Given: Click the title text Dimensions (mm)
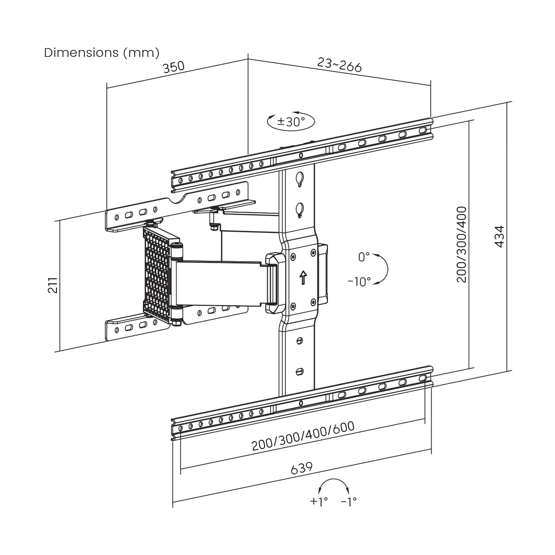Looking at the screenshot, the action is [x=102, y=53].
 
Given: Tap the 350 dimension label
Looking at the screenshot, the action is [x=173, y=67].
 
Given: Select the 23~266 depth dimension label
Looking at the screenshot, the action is [x=339, y=64].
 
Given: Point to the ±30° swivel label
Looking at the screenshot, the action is [x=291, y=122].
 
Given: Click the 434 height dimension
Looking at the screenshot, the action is [x=499, y=236].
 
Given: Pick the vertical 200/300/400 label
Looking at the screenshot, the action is [x=462, y=244].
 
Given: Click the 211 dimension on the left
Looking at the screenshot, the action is [x=53, y=285].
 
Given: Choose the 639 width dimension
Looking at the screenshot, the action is [x=302, y=468].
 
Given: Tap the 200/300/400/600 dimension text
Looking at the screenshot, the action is [x=302, y=436].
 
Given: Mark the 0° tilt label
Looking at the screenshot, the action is [x=364, y=257].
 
